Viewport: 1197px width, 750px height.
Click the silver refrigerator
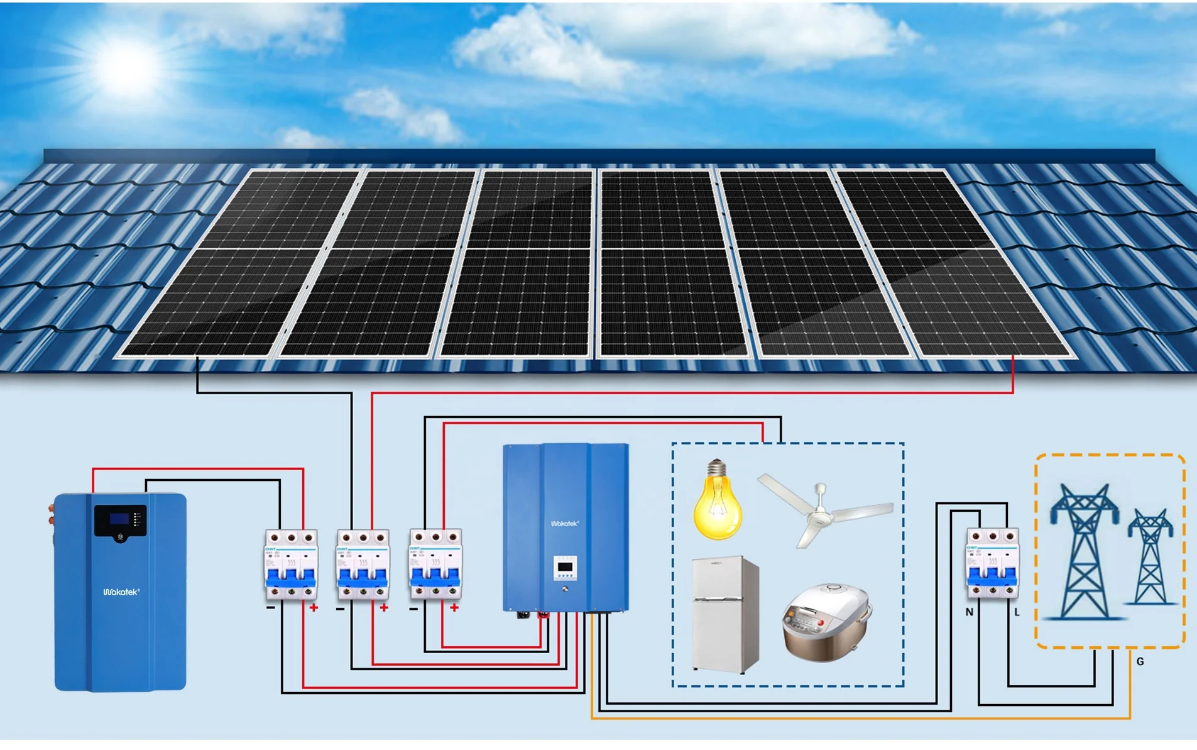725,614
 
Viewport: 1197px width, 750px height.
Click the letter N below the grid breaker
970,612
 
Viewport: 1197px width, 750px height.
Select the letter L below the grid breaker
1017,612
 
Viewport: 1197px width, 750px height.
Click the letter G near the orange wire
1140,661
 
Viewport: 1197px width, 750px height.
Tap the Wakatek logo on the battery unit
121,592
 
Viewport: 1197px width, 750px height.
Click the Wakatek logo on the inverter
564,523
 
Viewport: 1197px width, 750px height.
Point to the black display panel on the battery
120,521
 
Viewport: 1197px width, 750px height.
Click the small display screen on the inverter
565,567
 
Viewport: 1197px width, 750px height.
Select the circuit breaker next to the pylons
992,563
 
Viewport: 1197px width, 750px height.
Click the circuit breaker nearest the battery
291,565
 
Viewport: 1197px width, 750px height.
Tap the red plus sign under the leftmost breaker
314,607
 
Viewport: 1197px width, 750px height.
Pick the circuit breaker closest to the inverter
435,565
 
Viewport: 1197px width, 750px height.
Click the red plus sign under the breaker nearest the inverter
454,607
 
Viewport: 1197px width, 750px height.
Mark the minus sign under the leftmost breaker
270,608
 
